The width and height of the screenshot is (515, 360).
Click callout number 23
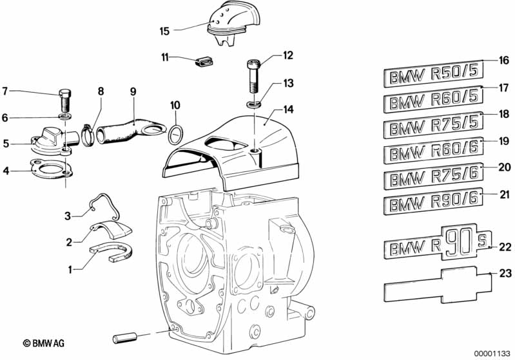coord(505,274)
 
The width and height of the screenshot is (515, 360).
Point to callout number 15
coord(164,30)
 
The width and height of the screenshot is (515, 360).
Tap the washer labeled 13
coord(253,103)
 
